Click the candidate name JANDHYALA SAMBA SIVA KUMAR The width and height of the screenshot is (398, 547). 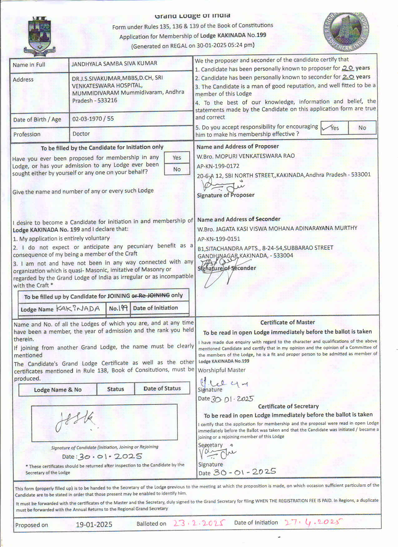(x=114, y=64)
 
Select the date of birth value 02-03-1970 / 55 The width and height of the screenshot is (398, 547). (x=93, y=119)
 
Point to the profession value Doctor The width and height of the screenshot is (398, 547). (x=81, y=134)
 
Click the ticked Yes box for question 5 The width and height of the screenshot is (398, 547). (x=334, y=128)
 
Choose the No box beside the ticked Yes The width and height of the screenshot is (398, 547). (x=362, y=128)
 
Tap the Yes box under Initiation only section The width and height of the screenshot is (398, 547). (x=177, y=158)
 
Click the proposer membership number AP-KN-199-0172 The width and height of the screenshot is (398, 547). (x=218, y=166)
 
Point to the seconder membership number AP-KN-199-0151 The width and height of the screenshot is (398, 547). (x=219, y=239)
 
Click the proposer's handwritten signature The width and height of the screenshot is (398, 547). (x=224, y=186)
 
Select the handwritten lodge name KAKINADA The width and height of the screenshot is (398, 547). (x=78, y=309)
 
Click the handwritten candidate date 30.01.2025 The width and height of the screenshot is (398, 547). (x=110, y=457)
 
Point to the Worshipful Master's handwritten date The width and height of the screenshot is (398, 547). (x=232, y=399)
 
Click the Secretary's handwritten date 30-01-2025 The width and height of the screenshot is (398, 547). (x=245, y=472)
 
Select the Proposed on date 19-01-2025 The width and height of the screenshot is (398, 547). (x=94, y=525)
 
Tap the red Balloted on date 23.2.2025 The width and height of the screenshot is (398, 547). (x=199, y=523)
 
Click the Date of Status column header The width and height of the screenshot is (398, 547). (x=162, y=389)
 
